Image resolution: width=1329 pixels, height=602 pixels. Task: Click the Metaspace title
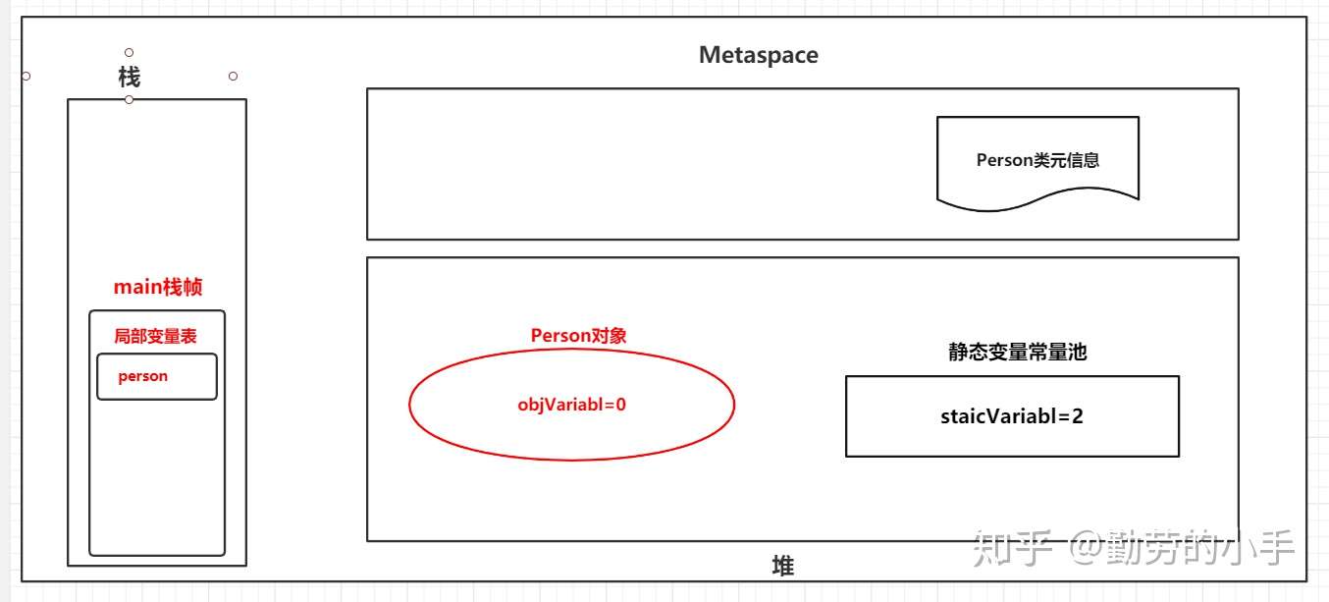coord(758,55)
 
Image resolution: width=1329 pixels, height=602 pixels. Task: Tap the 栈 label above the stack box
coord(129,78)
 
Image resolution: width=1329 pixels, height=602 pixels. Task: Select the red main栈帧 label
coord(158,287)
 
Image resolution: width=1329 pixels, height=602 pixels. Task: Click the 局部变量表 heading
coord(155,336)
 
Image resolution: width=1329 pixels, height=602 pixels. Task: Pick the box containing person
coord(157,377)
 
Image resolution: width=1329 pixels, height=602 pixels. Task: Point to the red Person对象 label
coord(578,336)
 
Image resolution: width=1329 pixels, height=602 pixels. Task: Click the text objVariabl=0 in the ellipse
coord(571,404)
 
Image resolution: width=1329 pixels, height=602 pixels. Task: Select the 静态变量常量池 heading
coord(1017,352)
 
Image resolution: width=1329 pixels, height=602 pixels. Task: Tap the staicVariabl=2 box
coord(1012,416)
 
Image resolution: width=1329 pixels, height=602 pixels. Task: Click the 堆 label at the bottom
coord(782,566)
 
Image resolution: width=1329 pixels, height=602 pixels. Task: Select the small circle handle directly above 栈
coord(129,52)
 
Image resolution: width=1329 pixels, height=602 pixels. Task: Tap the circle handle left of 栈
coord(26,76)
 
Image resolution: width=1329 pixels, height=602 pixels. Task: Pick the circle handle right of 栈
coord(233,76)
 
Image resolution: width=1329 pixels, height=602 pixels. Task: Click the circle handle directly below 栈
coord(129,99)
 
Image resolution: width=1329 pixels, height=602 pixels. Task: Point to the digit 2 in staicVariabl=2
coord(1078,415)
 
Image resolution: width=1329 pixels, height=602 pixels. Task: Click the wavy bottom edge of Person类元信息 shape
coord(1037,202)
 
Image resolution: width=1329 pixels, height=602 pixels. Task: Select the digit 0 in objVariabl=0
coord(620,404)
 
